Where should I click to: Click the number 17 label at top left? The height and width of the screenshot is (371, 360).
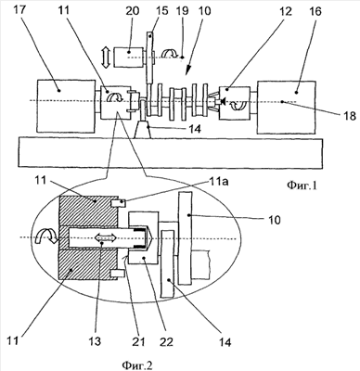[x=20, y=11]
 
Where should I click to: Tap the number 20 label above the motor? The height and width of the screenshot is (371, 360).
[x=134, y=11]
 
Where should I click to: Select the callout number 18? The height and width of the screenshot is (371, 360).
[x=350, y=116]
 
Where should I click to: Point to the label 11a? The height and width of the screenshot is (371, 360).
[x=219, y=182]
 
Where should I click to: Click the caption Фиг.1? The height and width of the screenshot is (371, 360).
[x=302, y=185]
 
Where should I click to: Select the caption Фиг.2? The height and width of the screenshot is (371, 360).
[x=137, y=365]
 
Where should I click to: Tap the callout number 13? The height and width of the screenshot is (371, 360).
[x=95, y=341]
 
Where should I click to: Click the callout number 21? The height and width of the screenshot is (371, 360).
[x=138, y=341]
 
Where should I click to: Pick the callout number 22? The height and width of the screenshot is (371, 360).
[x=166, y=341]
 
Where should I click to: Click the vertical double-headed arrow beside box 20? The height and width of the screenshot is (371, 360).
[x=106, y=58]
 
